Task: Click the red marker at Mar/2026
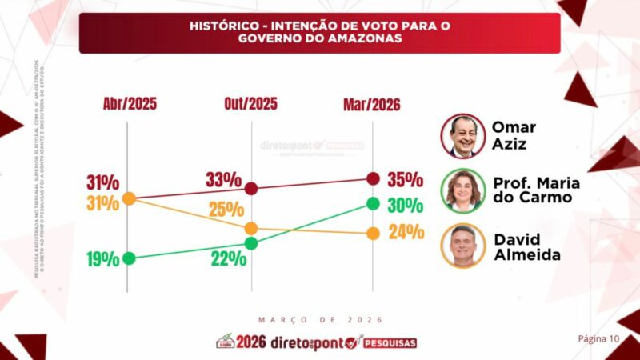[x=372, y=178]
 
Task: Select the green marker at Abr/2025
[x=130, y=258]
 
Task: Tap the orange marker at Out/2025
[x=251, y=229]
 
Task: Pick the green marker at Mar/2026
[x=372, y=203]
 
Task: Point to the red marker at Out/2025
[x=251, y=189]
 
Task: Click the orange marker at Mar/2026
[x=372, y=234]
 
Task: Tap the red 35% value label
[x=404, y=178]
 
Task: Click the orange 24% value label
[x=405, y=233]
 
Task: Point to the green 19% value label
[x=104, y=259]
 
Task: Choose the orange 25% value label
[x=226, y=210]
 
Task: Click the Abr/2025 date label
[x=130, y=104]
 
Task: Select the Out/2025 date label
[x=251, y=104]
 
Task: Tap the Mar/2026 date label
[x=372, y=105]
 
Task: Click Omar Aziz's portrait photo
[x=463, y=136]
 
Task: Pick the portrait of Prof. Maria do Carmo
[x=463, y=191]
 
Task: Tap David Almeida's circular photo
[x=463, y=246]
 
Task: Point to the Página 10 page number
[x=599, y=338]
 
